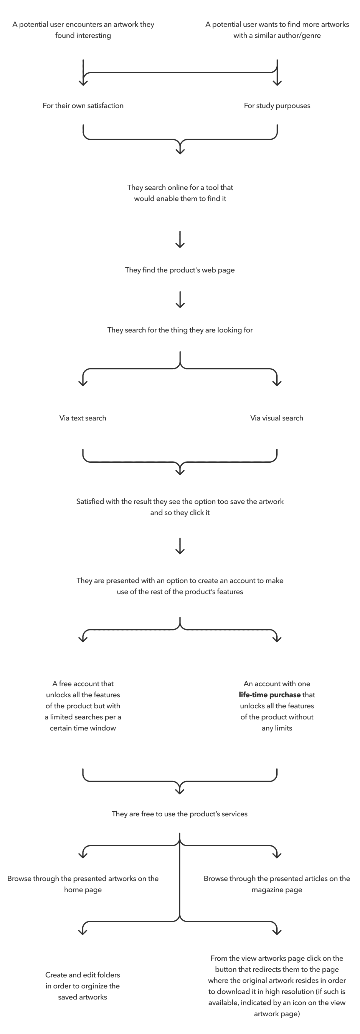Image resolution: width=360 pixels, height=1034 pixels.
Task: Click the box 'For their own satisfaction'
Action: point(83,105)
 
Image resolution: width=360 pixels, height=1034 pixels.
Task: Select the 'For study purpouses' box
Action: point(277,105)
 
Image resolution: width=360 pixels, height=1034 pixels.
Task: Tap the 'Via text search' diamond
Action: point(83,418)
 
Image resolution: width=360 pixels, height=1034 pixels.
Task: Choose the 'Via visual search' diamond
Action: point(277,418)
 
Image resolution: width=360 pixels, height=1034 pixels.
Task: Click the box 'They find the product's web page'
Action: point(180,270)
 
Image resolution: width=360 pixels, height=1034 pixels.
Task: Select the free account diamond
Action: point(83,705)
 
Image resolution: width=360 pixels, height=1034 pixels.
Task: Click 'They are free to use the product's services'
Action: point(179,814)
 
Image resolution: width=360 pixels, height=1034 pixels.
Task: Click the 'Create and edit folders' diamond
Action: point(83,985)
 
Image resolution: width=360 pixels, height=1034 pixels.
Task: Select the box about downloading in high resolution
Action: point(277,985)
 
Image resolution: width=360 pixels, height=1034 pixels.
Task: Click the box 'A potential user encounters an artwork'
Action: point(83,30)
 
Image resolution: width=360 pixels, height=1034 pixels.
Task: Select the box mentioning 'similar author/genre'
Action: point(277,30)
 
